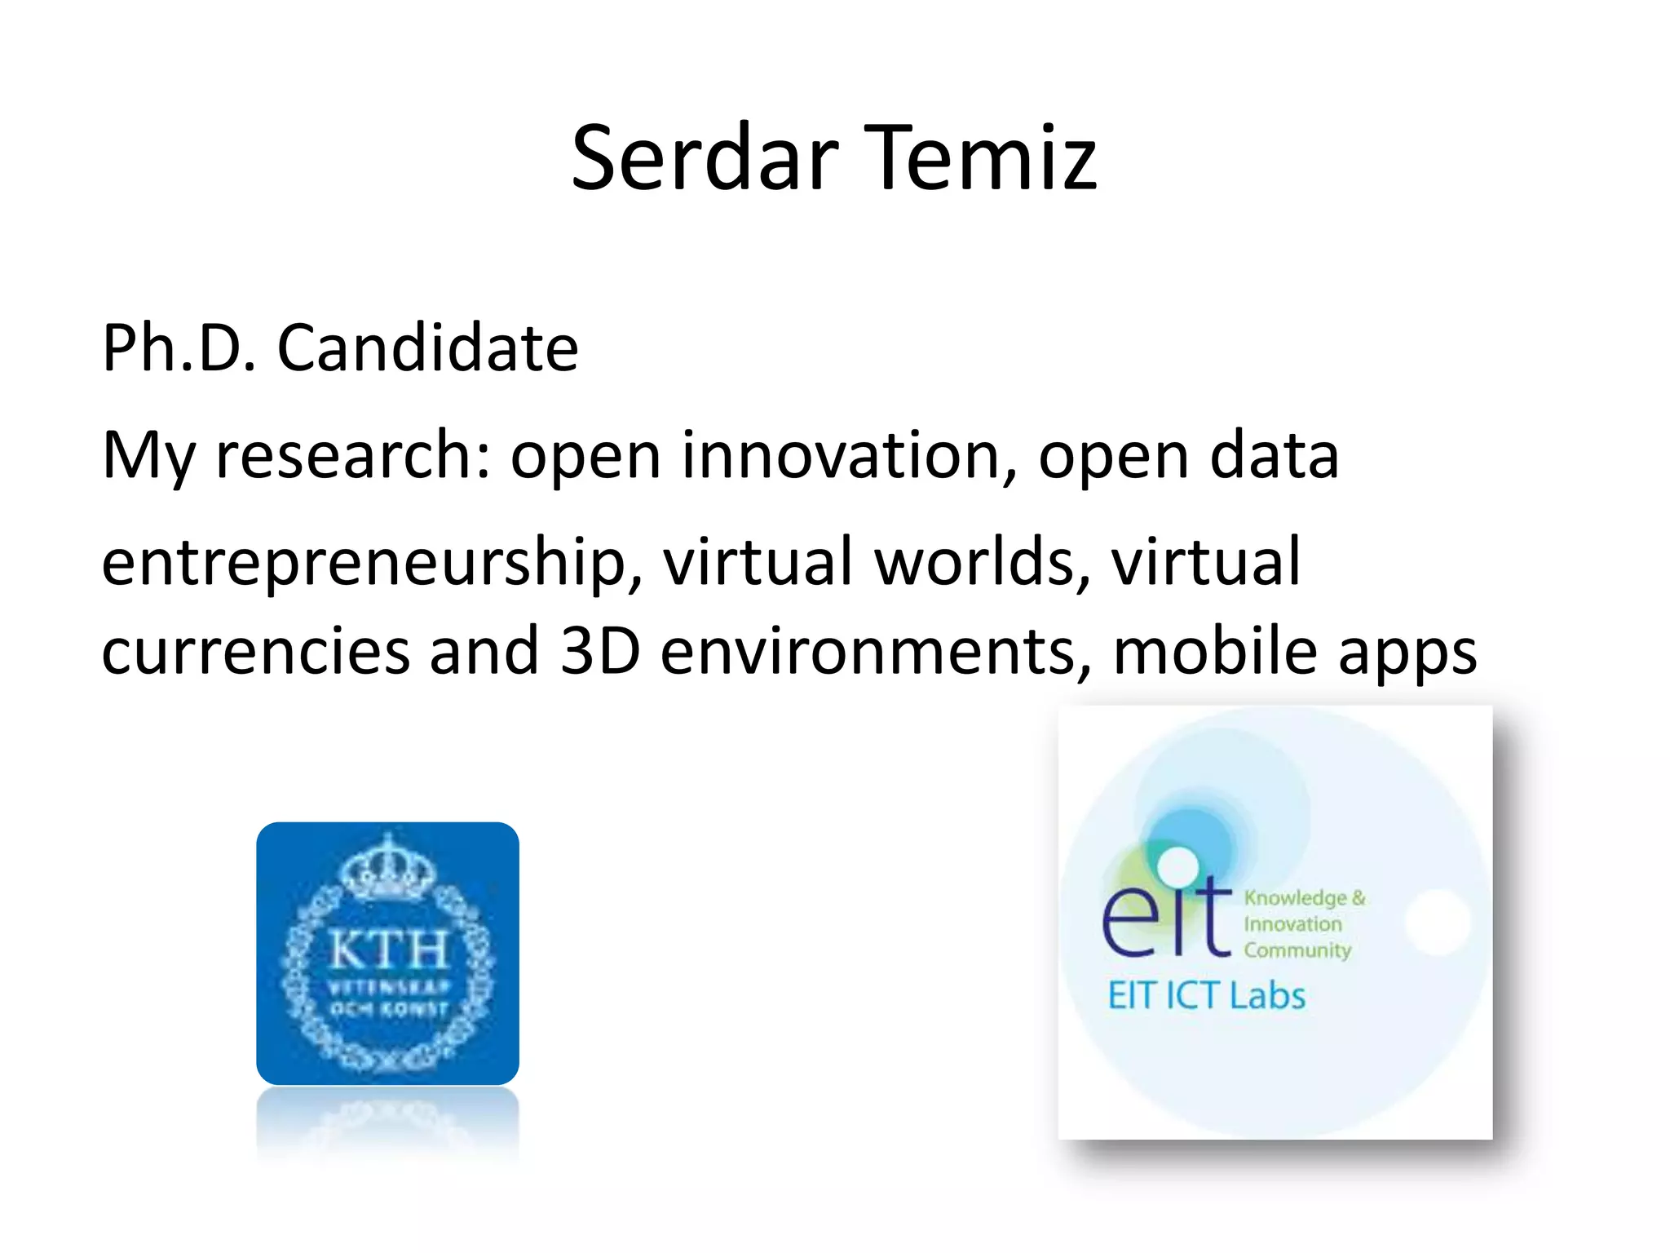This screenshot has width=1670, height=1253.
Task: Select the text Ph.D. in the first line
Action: (179, 348)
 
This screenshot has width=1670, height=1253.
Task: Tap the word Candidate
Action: (428, 348)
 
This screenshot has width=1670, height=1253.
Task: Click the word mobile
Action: (1215, 652)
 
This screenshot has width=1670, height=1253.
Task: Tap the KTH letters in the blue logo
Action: (388, 950)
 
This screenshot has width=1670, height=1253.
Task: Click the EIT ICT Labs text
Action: (1206, 996)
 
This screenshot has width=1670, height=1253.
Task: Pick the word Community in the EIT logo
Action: (1297, 951)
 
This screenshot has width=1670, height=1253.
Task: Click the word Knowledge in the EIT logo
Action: (1295, 898)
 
